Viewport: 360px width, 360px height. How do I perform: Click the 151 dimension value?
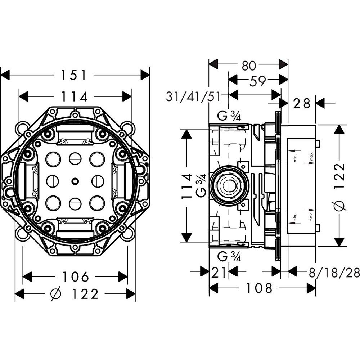click(x=73, y=75)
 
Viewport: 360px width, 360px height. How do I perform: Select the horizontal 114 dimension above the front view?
click(x=74, y=96)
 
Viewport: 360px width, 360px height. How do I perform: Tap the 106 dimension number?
click(x=76, y=276)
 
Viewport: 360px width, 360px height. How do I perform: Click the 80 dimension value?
click(x=249, y=66)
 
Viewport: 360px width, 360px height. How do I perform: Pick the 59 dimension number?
click(x=257, y=81)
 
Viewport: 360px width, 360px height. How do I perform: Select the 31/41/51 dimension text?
click(x=193, y=96)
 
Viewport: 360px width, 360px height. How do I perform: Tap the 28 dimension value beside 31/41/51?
click(x=301, y=103)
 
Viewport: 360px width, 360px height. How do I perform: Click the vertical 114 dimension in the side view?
click(x=186, y=186)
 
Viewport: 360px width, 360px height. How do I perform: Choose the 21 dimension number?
click(x=219, y=273)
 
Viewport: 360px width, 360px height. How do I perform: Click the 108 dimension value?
click(x=259, y=288)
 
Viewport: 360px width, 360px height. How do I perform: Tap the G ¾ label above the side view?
click(x=229, y=116)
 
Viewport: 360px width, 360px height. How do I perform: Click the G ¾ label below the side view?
click(x=229, y=257)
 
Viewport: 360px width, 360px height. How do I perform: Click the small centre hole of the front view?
click(x=75, y=181)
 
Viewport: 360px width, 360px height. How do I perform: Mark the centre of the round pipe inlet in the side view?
click(x=229, y=185)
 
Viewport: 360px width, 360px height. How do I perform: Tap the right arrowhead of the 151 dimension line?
click(x=145, y=75)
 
